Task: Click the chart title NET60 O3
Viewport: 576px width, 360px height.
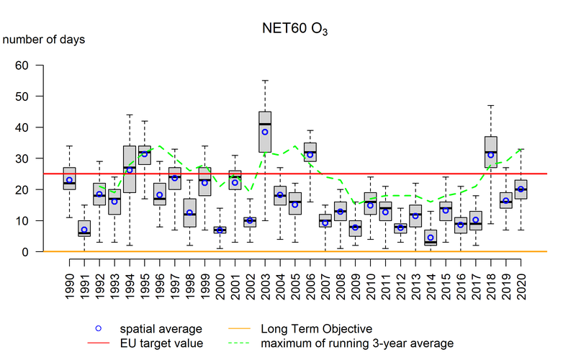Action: click(x=295, y=32)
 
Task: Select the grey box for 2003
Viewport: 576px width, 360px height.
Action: click(x=265, y=132)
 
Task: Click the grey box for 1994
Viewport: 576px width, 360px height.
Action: click(x=130, y=169)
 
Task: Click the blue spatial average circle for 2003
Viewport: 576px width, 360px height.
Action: click(x=265, y=132)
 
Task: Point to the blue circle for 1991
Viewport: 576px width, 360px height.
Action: click(x=84, y=230)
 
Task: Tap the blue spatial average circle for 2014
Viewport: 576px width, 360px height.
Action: click(x=431, y=238)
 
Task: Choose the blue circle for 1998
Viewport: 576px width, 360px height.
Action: click(x=189, y=212)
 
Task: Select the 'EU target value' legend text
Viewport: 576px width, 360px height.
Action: click(x=166, y=343)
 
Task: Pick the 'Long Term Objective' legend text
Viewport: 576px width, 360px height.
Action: click(x=316, y=329)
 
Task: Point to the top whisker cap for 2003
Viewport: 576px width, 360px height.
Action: click(x=265, y=81)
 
